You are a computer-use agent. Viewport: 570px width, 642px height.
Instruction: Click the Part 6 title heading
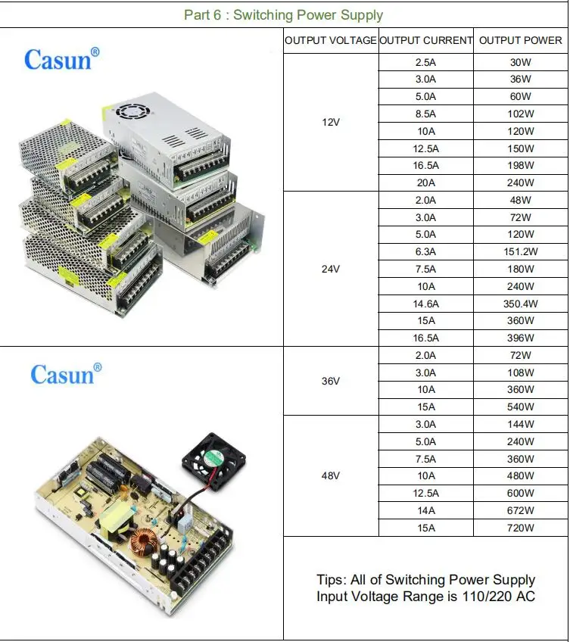click(284, 15)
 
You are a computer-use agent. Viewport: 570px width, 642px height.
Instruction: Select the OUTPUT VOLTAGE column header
click(331, 40)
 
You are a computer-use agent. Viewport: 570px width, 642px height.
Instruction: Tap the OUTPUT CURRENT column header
click(426, 40)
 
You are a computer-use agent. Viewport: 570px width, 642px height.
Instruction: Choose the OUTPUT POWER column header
click(521, 40)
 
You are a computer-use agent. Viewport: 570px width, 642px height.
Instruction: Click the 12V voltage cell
click(331, 122)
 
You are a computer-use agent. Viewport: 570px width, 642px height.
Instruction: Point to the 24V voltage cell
click(331, 269)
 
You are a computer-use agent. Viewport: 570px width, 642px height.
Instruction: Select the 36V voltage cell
click(331, 381)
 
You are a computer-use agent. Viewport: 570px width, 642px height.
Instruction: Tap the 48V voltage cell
click(331, 475)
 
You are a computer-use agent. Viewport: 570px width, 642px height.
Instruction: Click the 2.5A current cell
click(426, 62)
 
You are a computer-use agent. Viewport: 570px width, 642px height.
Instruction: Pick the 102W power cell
click(521, 114)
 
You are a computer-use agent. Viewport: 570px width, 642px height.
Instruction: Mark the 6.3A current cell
click(426, 251)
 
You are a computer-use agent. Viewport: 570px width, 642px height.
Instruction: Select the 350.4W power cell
click(521, 303)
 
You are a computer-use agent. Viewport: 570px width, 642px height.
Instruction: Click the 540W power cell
click(521, 407)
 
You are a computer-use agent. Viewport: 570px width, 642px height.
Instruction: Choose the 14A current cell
click(426, 510)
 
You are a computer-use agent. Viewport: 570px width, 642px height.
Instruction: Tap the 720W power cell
click(521, 528)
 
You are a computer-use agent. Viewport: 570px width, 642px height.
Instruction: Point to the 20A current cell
click(426, 182)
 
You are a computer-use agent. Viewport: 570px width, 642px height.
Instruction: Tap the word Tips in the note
click(331, 580)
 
